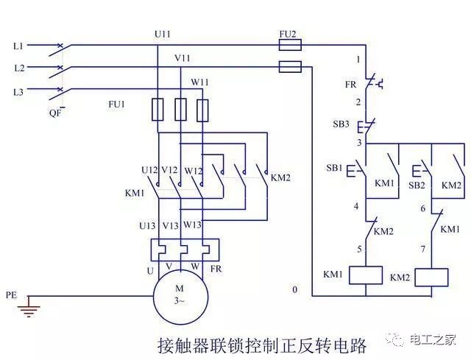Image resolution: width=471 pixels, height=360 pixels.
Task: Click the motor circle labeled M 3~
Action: coord(180,297)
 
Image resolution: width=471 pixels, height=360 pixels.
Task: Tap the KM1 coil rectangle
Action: coord(366,275)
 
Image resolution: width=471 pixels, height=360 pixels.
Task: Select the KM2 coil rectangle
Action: coord(432,278)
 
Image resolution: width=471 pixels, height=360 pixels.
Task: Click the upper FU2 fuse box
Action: coord(290,45)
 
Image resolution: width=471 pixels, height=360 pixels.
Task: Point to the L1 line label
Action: coord(18,46)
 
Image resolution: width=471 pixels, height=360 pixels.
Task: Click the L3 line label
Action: coord(18,91)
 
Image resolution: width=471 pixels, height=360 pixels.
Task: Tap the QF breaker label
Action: coord(55,113)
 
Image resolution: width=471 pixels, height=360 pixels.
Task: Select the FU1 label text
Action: coord(116,105)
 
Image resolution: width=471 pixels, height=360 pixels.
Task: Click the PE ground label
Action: coord(12,295)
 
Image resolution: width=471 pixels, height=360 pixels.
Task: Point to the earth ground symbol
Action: coord(29,307)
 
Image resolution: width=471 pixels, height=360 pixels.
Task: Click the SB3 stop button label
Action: coord(341,124)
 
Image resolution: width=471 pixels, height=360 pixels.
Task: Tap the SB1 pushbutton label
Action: coord(334,168)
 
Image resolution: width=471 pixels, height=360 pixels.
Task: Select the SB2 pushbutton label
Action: coord(417,186)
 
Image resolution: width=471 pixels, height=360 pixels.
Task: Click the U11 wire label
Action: coord(163,35)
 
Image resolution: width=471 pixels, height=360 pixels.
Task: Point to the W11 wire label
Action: coord(200,82)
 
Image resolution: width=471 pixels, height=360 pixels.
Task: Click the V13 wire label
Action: coord(170,225)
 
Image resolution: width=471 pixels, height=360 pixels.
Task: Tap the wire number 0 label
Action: coord(295,289)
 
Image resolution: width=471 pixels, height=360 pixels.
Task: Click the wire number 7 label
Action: coord(423,249)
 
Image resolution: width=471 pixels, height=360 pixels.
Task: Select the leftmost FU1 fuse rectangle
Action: coord(157,110)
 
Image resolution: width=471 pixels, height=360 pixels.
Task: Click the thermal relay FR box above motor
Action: coord(185,250)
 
